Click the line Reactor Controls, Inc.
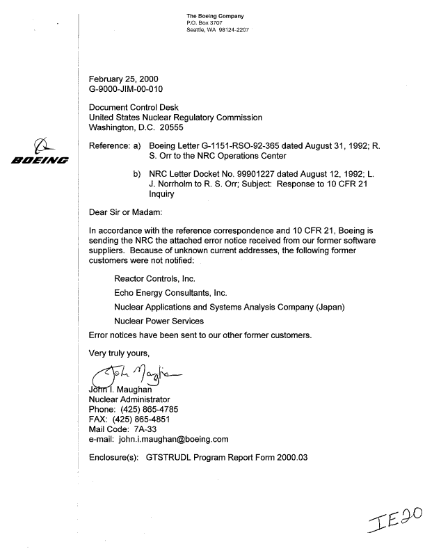pos(154,278)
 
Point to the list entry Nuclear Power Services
pos(159,321)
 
